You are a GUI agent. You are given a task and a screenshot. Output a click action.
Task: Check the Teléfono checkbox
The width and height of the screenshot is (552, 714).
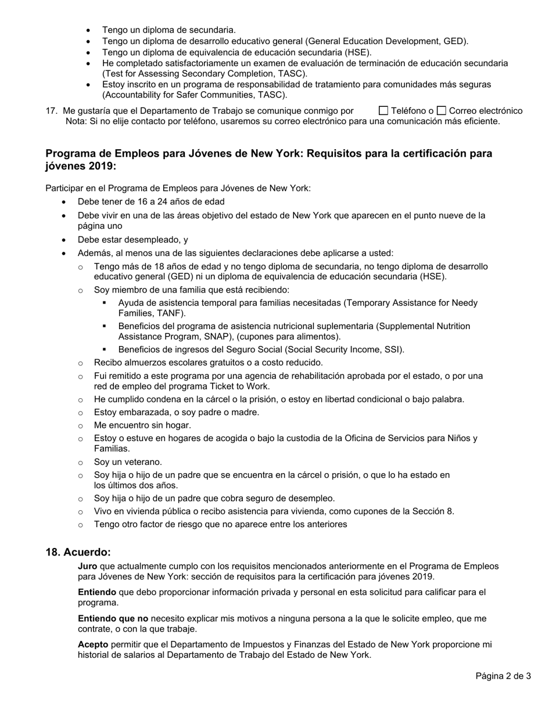383,111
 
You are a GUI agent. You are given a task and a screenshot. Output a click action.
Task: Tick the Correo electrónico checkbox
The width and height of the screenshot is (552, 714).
442,111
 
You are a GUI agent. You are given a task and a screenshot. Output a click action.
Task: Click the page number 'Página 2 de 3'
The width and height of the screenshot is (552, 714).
503,676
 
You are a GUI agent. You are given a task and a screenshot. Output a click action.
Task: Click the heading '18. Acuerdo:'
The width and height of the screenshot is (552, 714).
78,552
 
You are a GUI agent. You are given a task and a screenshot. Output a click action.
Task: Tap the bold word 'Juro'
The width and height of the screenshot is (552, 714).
88,566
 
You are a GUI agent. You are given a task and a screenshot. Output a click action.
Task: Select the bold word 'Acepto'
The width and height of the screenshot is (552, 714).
93,644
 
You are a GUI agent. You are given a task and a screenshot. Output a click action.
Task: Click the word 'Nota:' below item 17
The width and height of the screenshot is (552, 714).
77,121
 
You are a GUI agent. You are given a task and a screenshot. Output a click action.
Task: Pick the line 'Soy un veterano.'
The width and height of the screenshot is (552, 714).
128,462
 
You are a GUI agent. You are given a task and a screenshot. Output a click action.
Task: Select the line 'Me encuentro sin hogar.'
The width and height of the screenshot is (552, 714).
142,425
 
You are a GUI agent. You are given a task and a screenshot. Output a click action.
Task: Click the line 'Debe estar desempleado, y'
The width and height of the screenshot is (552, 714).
133,239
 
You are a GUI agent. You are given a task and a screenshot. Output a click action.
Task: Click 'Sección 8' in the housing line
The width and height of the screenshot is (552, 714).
433,511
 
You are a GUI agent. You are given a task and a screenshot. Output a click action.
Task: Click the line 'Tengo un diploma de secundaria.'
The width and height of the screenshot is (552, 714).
169,30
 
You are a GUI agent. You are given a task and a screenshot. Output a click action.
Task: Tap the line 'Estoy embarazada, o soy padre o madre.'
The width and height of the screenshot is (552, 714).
177,412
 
